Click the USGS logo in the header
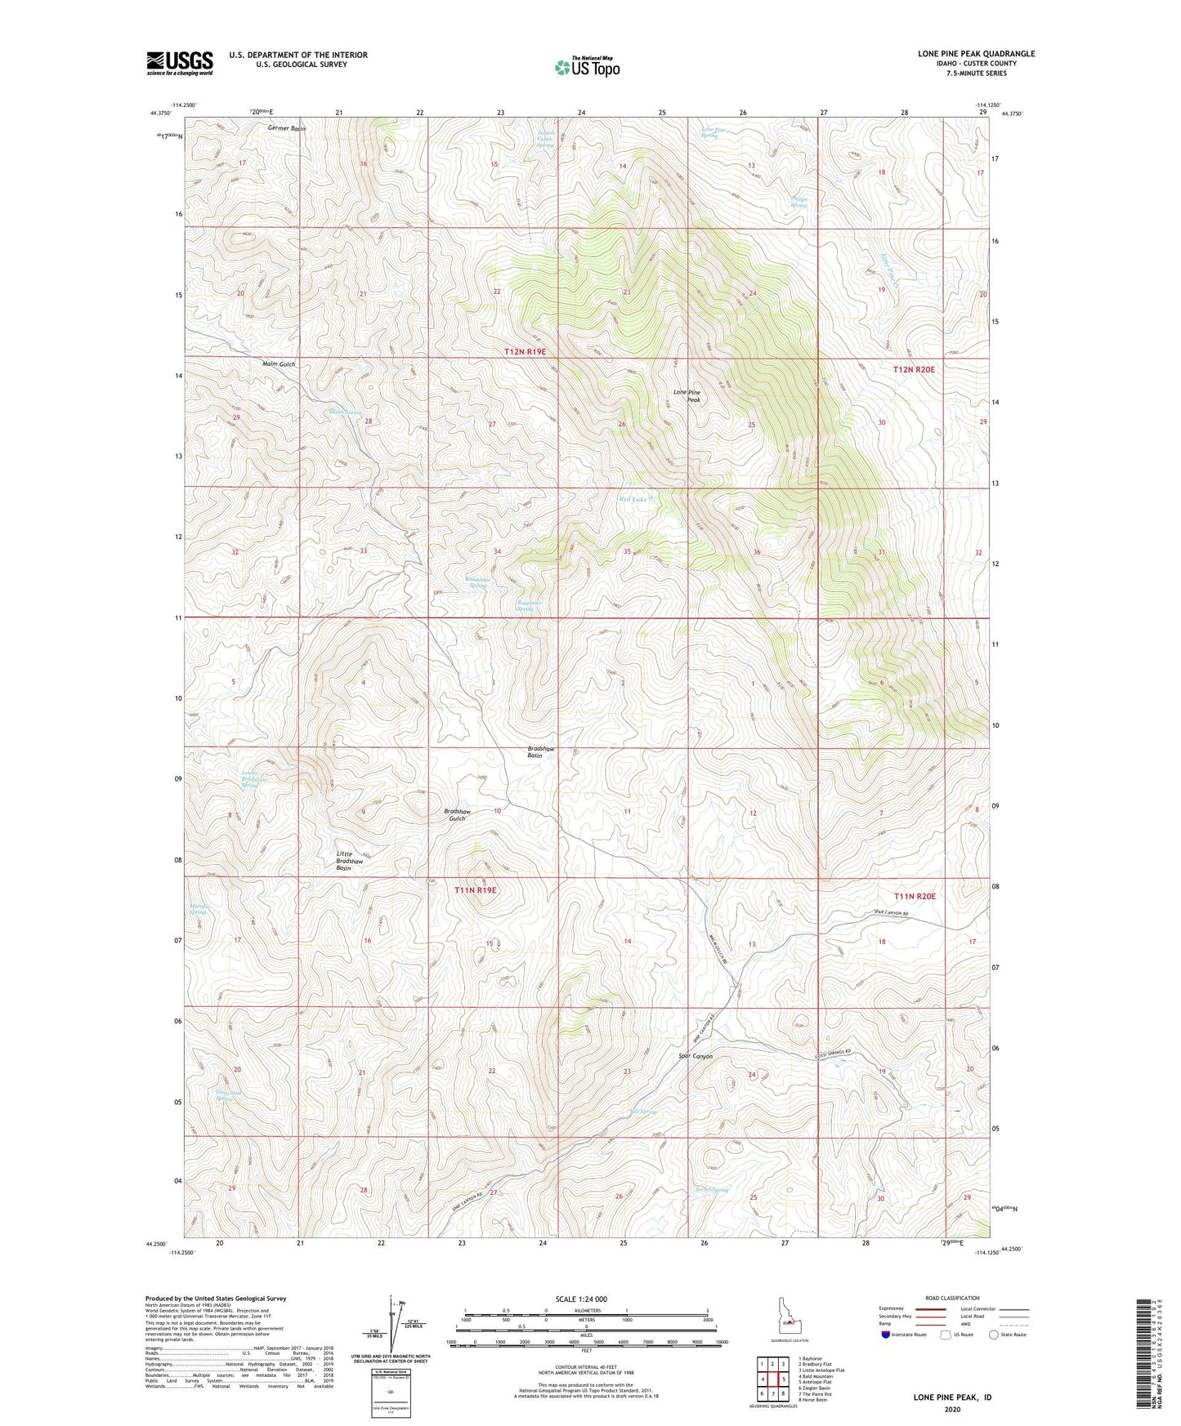pos(180,63)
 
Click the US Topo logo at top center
pos(586,67)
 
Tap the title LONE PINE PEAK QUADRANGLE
pos(976,54)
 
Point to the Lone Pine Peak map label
pos(687,396)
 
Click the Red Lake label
pos(633,499)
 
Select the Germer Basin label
pos(286,129)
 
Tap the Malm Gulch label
pos(278,363)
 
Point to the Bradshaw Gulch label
pos(457,814)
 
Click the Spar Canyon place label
pos(696,1056)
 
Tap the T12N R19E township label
pos(525,351)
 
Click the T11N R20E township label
pos(915,896)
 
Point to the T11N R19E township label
pos(476,890)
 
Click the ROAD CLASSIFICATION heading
pos(952,1298)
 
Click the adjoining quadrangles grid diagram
pos(772,1379)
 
